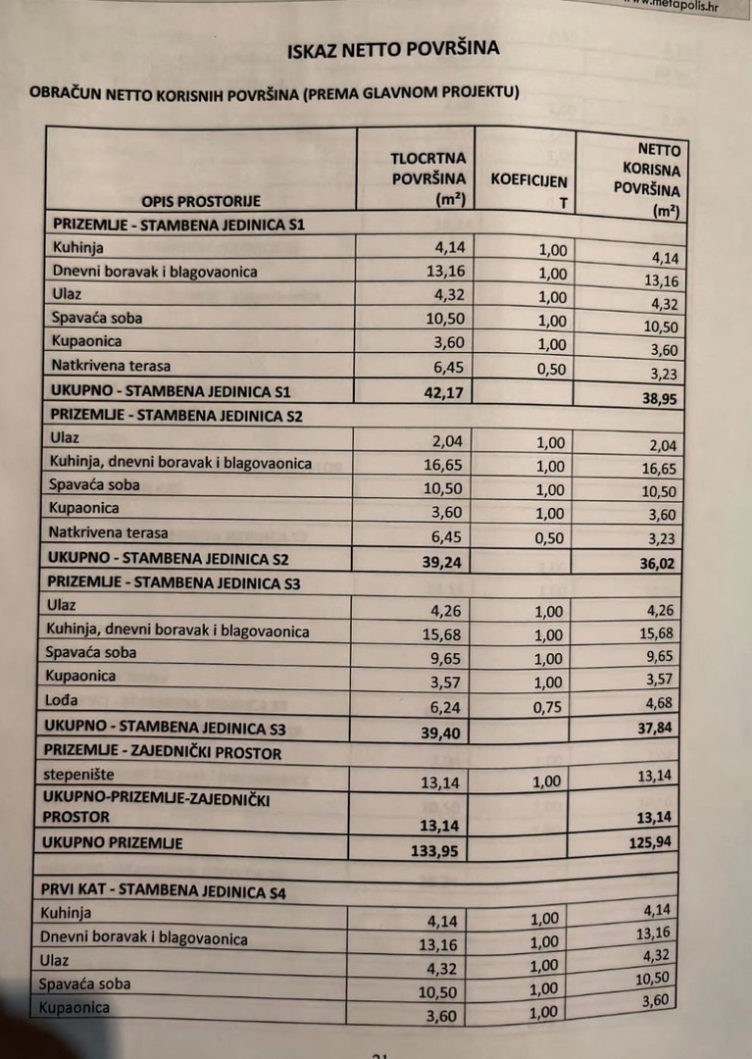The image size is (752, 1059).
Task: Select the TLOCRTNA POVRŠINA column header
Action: click(427, 177)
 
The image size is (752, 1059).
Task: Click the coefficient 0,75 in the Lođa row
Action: click(550, 707)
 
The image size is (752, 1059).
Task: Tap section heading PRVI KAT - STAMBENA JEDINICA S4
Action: click(163, 892)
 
